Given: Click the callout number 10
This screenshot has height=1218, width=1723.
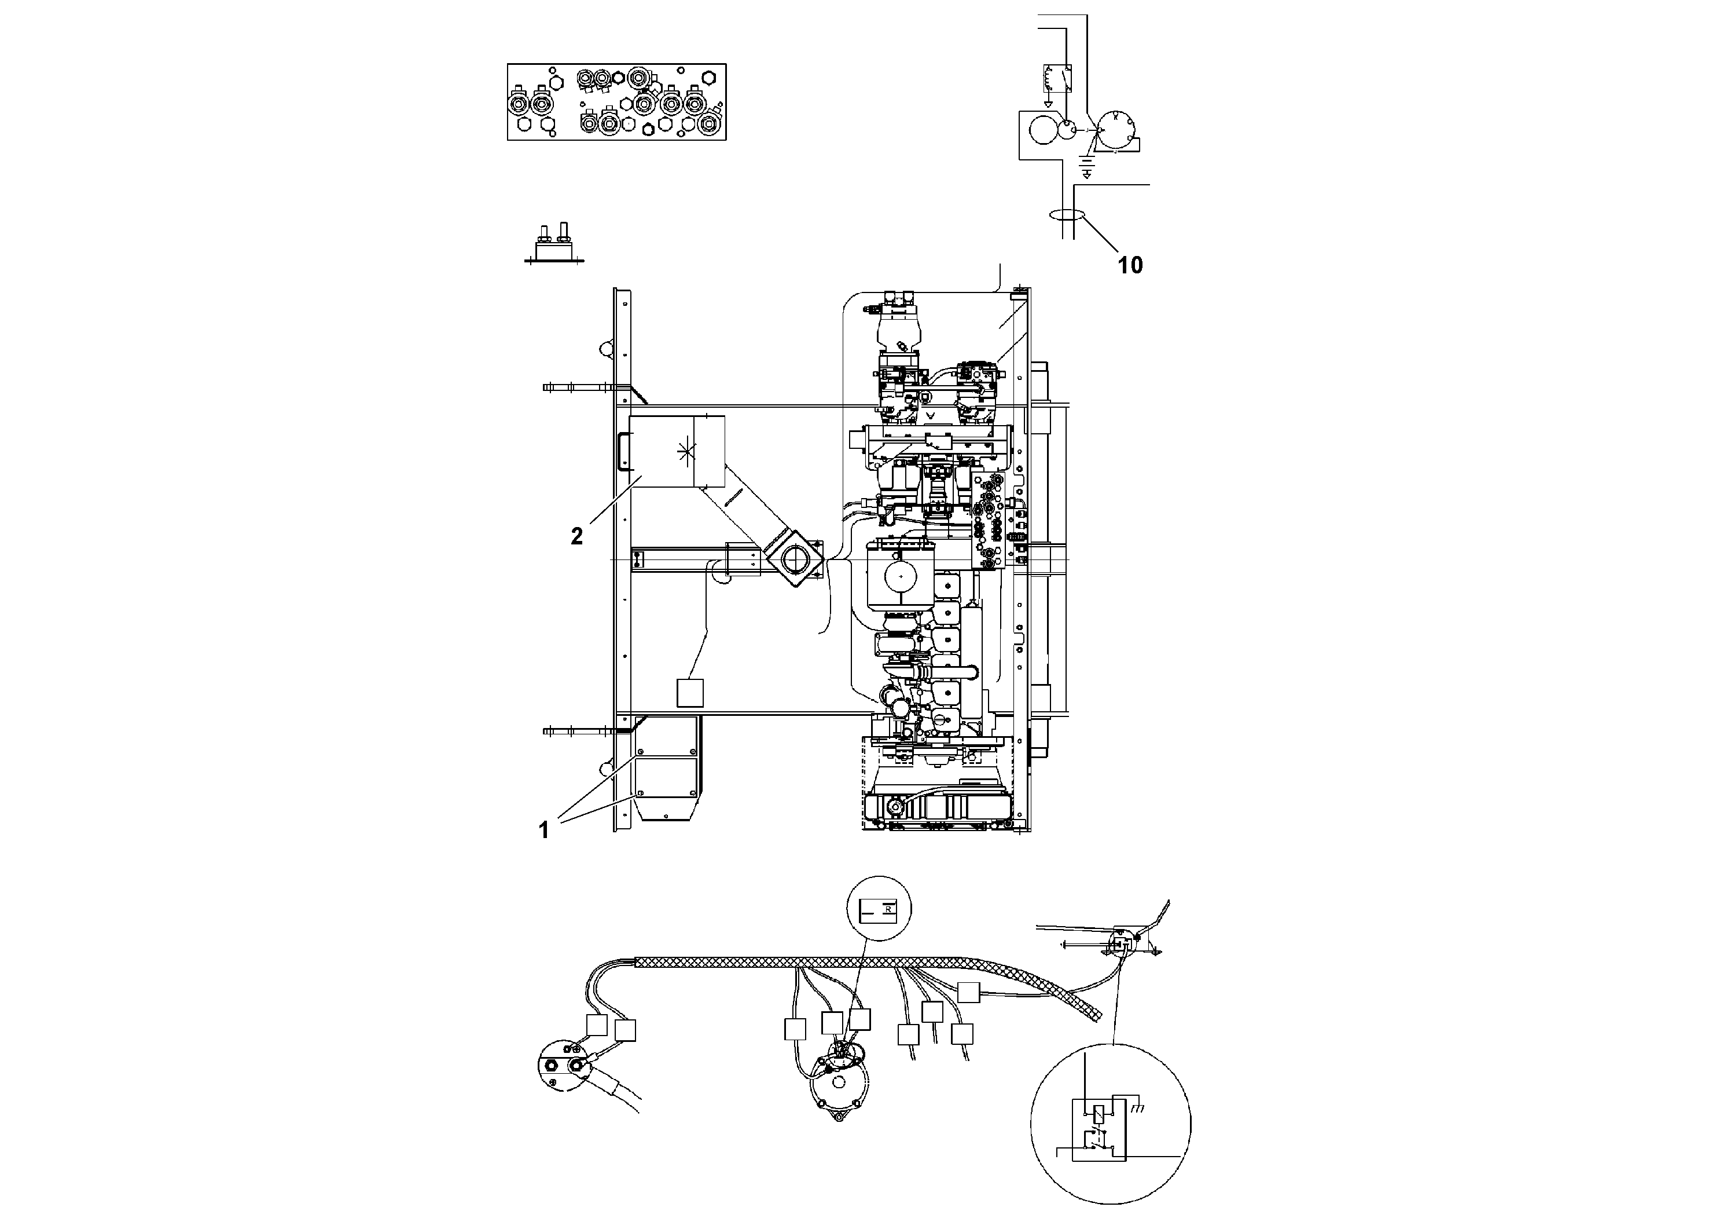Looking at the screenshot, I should click(1130, 265).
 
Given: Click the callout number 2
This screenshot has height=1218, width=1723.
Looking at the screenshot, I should click(576, 536).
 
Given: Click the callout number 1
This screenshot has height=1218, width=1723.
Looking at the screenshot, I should click(544, 831).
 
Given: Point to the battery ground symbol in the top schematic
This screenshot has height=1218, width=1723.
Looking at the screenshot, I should click(1086, 170).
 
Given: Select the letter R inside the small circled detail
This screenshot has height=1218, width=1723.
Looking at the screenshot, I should click(888, 909).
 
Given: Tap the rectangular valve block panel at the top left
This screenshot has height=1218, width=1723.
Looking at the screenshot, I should click(616, 101).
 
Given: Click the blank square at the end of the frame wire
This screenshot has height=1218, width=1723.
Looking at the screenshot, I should click(690, 692).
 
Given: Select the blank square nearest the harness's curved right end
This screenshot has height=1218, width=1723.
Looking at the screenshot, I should click(969, 992).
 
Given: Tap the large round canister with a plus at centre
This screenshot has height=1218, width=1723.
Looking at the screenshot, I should click(900, 575).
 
